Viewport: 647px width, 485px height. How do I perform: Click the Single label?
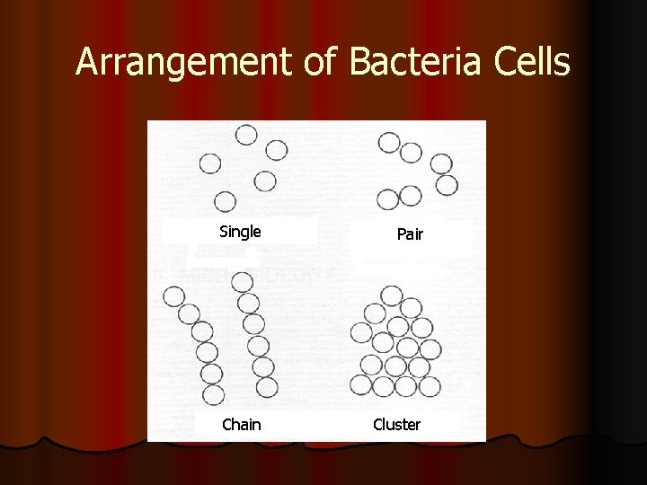(x=240, y=232)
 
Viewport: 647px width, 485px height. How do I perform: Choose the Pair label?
(x=410, y=235)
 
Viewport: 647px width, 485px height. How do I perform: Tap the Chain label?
(x=242, y=424)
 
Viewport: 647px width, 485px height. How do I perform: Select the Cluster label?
(x=396, y=424)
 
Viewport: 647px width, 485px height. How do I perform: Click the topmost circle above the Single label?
(x=246, y=135)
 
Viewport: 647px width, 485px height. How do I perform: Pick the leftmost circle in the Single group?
(x=209, y=163)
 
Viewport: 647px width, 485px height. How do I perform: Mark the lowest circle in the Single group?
(x=225, y=200)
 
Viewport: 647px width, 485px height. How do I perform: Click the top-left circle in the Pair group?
(x=389, y=141)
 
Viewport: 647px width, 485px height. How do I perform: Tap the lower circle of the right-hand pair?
(x=447, y=184)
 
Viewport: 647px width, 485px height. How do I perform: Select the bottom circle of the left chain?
(x=213, y=394)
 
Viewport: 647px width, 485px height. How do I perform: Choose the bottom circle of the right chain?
(x=267, y=387)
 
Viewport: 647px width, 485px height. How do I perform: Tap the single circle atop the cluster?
(x=392, y=295)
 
